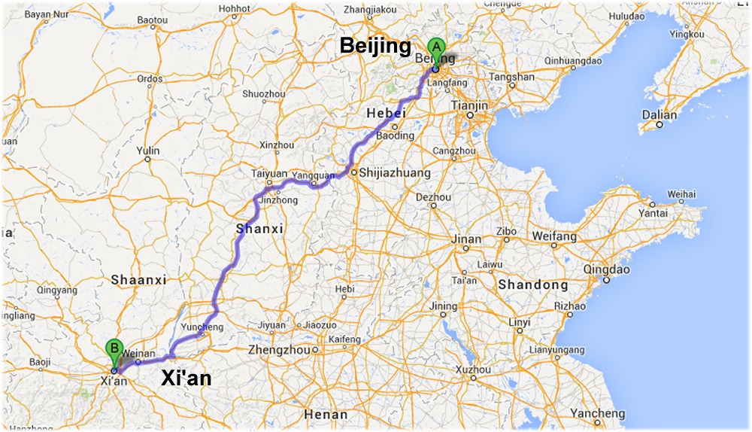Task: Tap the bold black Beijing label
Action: coord(375,46)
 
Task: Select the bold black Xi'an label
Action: coord(186,379)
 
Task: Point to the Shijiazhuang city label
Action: coord(395,173)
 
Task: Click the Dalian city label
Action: coord(659,115)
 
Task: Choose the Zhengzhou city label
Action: coord(279,350)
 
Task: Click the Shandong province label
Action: coord(532,285)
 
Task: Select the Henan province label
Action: coord(326,415)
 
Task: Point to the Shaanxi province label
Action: coord(138,280)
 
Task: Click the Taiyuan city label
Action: coord(270,172)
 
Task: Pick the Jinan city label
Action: coord(466,239)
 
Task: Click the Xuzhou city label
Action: coord(472,370)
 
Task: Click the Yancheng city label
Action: coord(596,414)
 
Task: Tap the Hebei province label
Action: coord(386,113)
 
